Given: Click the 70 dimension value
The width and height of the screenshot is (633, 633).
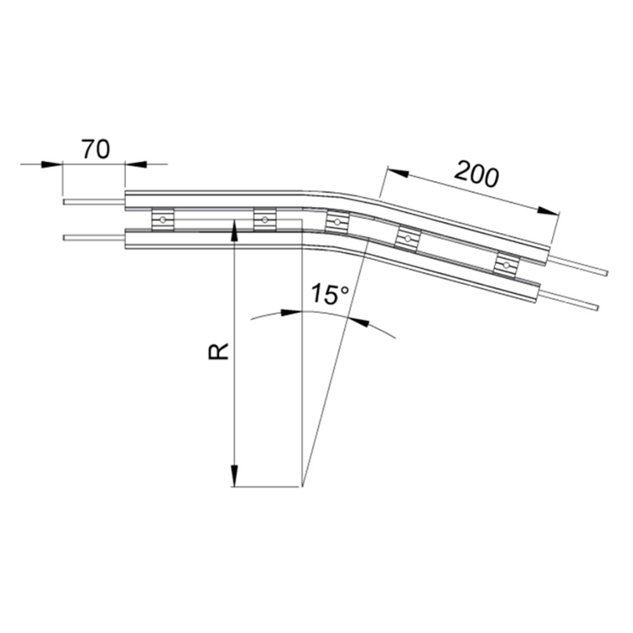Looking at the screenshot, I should [96, 149].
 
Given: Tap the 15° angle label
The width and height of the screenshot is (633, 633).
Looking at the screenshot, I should [330, 296].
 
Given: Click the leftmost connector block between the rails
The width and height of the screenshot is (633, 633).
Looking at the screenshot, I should [163, 219].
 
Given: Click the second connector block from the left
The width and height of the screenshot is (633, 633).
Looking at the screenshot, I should [265, 219].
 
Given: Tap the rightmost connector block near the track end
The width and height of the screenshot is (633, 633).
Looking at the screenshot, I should [506, 264].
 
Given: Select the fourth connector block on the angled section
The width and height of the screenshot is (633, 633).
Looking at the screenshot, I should [408, 238].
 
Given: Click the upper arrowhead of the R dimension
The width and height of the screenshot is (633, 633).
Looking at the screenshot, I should [234, 229].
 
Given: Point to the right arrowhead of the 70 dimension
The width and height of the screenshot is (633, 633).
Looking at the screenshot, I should [134, 165].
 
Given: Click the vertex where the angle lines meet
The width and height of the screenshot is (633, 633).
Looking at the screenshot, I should [303, 487].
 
